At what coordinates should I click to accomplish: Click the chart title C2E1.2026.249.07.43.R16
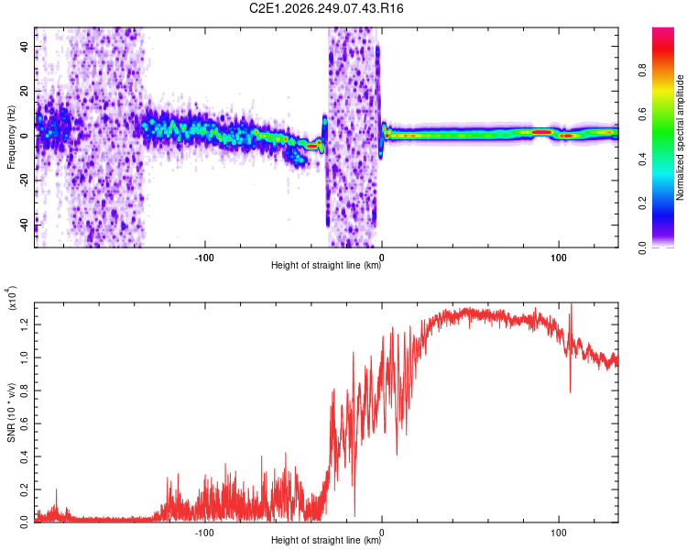tap(326, 8)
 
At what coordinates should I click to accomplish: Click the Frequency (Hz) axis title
tap(11, 137)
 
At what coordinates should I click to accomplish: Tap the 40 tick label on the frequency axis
tap(25, 46)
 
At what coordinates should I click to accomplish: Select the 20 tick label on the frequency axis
tap(25, 92)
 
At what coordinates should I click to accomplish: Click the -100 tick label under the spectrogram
tap(204, 258)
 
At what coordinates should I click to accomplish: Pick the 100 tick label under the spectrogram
tap(559, 258)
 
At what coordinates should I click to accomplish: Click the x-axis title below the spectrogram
tap(326, 265)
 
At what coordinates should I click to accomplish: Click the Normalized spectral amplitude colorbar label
tap(680, 137)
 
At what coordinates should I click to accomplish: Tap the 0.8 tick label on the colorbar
tap(642, 71)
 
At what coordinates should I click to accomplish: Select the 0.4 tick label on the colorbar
tap(642, 159)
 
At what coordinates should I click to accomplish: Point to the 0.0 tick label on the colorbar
tap(642, 247)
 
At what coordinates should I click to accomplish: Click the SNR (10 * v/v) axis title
tap(11, 412)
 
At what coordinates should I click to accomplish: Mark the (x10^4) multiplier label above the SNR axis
tap(12, 298)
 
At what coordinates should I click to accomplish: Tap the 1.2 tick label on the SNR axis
tap(25, 324)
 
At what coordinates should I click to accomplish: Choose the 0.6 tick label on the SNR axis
tap(25, 423)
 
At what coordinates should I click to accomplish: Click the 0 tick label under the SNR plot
tap(382, 533)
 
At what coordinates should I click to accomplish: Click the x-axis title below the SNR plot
tap(326, 540)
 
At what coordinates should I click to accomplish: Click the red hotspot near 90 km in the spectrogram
tap(542, 132)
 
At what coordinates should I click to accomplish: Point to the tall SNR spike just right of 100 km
tap(571, 346)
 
